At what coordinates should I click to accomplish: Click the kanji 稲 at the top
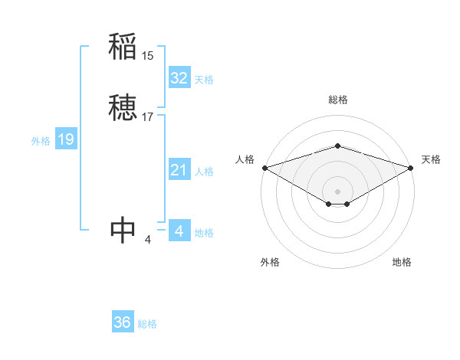tap(123, 47)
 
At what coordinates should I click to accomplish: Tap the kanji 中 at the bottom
tap(123, 230)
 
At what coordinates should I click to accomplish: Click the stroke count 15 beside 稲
tap(148, 56)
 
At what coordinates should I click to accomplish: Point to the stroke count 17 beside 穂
tap(148, 117)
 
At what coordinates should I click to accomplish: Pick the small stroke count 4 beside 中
tap(148, 240)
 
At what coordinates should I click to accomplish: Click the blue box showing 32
tap(179, 78)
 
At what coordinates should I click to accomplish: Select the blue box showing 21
tap(179, 170)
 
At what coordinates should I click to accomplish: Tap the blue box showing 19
tap(66, 139)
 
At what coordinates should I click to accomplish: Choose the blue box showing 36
tap(123, 322)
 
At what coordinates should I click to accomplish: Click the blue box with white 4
tap(179, 231)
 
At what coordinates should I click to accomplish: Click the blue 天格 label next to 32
tap(204, 80)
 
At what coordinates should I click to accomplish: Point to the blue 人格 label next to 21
tap(204, 172)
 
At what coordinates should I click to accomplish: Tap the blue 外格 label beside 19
tap(41, 141)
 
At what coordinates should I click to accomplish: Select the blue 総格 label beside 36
tap(147, 324)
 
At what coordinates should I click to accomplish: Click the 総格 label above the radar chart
tap(337, 100)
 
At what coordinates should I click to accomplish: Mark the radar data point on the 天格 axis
tap(411, 168)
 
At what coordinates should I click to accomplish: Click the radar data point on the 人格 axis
tap(264, 168)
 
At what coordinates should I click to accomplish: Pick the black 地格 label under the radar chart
tap(402, 262)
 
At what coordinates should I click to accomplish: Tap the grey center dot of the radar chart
tap(337, 191)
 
